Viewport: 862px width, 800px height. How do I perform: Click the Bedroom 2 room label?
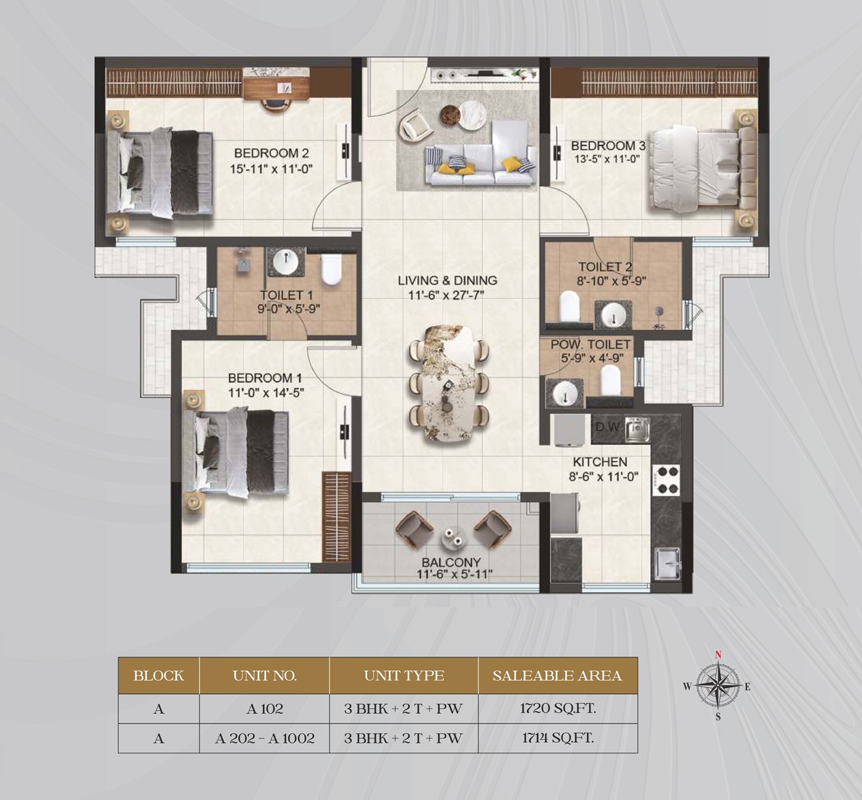(272, 153)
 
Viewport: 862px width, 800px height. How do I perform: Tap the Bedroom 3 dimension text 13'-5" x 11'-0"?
(607, 159)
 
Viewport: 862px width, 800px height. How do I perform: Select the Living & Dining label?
(448, 280)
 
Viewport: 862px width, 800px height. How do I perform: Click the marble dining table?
(449, 383)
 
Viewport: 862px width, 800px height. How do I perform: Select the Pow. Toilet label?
(590, 345)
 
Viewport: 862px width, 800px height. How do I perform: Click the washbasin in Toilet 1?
(286, 261)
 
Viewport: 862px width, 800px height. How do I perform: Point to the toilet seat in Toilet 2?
(570, 306)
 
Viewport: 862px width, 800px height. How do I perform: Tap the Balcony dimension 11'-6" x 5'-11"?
(454, 574)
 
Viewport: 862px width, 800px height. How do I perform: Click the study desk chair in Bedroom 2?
(277, 105)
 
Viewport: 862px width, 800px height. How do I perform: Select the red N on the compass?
(718, 655)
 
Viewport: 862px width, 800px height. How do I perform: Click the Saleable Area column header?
(557, 676)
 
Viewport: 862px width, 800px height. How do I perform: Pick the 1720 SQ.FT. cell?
(558, 708)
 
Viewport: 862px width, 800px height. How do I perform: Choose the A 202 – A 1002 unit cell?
(264, 738)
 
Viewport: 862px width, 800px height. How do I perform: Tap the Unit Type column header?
(404, 676)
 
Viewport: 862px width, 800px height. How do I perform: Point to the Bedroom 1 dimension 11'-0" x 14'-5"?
(266, 393)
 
